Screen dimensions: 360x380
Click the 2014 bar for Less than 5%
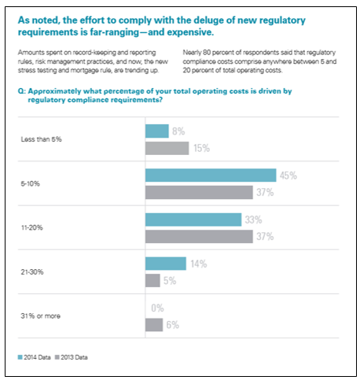157,131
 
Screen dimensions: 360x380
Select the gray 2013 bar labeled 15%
167,148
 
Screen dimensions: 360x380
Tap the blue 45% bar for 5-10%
211,175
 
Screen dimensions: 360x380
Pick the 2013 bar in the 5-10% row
199,193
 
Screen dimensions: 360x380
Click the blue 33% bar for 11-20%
193,220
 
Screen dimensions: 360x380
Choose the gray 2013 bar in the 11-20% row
199,237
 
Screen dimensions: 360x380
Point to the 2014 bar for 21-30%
166,264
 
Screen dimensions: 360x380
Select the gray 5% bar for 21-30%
152,281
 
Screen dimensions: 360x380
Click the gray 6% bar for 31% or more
154,325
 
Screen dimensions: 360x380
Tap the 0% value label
157,308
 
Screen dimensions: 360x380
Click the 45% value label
288,175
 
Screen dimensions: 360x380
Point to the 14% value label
199,264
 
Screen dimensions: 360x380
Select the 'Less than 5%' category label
42,139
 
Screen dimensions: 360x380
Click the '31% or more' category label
41,316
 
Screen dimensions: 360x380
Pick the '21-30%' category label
32,272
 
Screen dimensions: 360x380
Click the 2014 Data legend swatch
20,357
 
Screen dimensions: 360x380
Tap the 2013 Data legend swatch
57,357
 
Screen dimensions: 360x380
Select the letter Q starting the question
21,91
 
